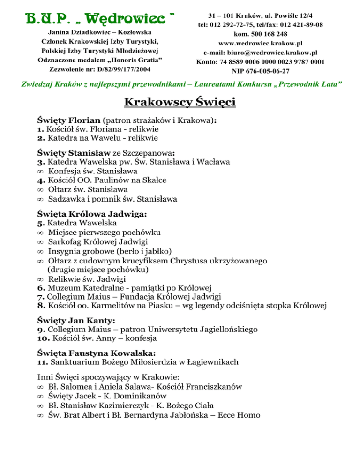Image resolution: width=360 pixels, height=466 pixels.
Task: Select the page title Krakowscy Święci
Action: (180, 102)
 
